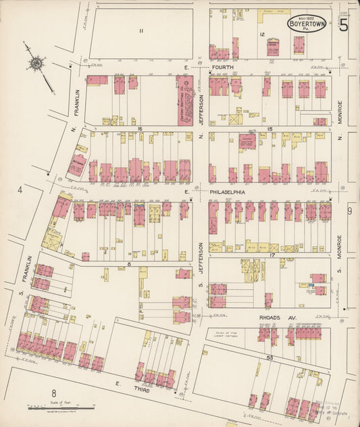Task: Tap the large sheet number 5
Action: pos(344,26)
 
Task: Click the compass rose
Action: pos(34,64)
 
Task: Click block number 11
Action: pos(141,31)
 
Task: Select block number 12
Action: pos(261,34)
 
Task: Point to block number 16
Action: pos(139,127)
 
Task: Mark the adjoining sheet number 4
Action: pos(21,190)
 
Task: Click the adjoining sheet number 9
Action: pos(349,211)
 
